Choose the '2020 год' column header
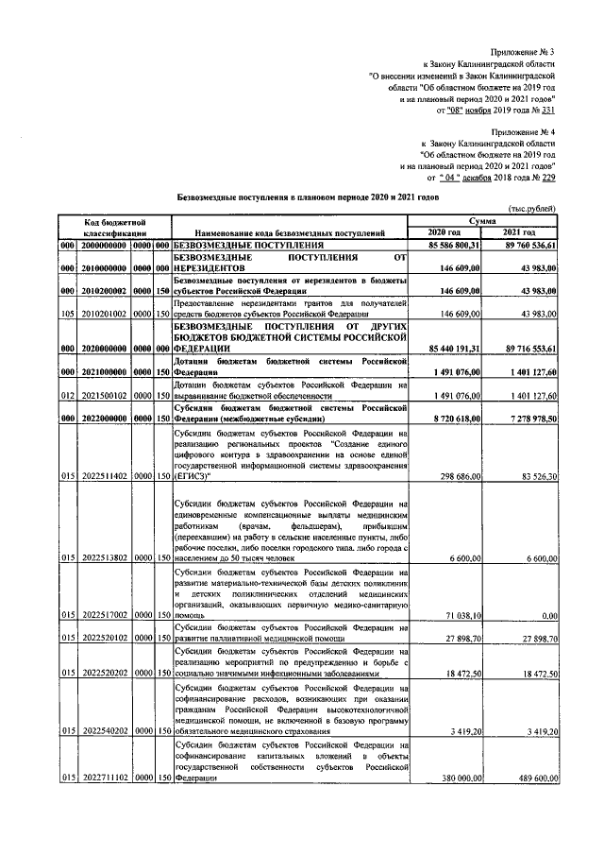[x=444, y=231]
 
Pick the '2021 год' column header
[x=518, y=231]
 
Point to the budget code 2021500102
[x=104, y=395]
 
